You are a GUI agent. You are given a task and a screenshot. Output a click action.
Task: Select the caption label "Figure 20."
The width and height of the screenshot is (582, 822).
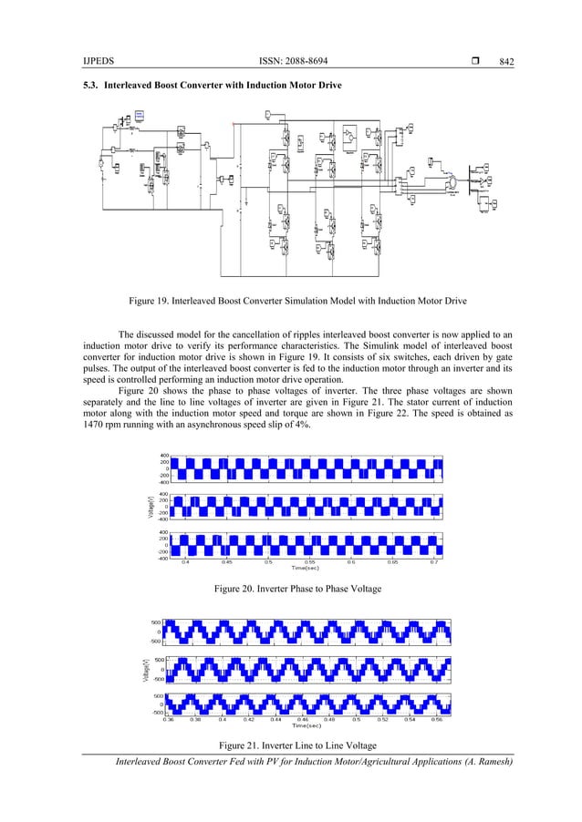tap(239, 590)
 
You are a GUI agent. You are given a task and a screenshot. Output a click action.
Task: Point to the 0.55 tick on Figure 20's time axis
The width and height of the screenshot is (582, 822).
tap(310, 562)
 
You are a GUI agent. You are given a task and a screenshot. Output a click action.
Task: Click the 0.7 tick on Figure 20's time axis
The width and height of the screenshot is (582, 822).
tap(434, 562)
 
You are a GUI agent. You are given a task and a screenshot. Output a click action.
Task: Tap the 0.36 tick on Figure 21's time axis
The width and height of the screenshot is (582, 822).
tap(168, 719)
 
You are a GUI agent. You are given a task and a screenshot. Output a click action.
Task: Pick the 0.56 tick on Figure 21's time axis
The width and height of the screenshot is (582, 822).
tap(437, 719)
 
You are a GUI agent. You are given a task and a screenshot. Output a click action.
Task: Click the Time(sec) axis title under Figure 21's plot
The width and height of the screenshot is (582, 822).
tap(307, 726)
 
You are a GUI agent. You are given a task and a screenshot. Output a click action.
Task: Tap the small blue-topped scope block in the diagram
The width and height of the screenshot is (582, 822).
tap(140, 116)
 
